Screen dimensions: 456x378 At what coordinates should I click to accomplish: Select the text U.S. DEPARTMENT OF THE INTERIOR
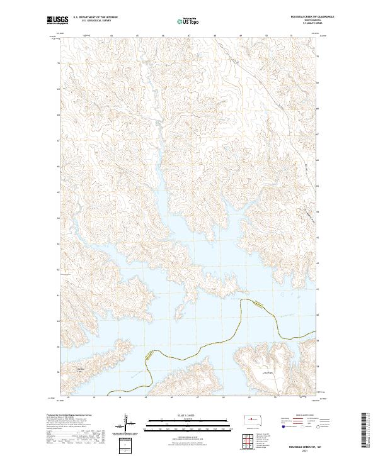[95, 18]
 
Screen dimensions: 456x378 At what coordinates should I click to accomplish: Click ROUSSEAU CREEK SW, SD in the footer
[309, 445]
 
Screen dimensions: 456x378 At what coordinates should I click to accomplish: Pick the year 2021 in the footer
[309, 450]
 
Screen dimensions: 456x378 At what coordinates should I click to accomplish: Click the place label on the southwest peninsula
[80, 369]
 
